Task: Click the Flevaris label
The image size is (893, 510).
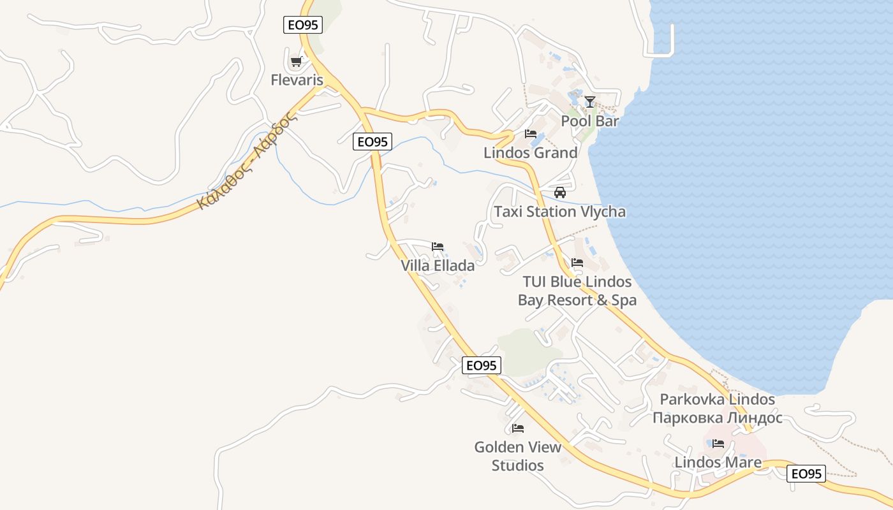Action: click(x=297, y=80)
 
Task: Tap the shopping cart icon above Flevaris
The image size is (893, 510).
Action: click(x=295, y=62)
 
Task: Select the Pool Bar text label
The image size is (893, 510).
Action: click(x=590, y=121)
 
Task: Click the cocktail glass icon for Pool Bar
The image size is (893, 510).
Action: click(x=590, y=101)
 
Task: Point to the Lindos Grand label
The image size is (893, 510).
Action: click(x=531, y=153)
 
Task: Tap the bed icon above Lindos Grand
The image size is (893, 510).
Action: click(x=530, y=134)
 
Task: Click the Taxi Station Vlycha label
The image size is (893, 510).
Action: click(x=560, y=212)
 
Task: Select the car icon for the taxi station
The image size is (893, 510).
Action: click(x=560, y=193)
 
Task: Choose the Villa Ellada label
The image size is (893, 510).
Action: click(x=438, y=266)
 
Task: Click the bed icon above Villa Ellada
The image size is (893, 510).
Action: click(x=438, y=247)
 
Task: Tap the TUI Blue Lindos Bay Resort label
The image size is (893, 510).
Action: click(x=577, y=291)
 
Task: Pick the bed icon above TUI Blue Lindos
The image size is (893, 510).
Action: click(x=577, y=263)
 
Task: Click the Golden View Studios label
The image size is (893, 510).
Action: click(x=518, y=456)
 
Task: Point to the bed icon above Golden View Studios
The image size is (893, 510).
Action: click(x=518, y=428)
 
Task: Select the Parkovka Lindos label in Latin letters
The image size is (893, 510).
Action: click(x=718, y=400)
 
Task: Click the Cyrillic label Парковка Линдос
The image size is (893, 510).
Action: click(x=718, y=418)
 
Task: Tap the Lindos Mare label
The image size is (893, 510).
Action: click(x=718, y=463)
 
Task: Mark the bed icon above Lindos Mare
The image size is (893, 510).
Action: click(x=718, y=444)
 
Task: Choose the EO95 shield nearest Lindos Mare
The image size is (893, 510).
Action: click(x=806, y=474)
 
